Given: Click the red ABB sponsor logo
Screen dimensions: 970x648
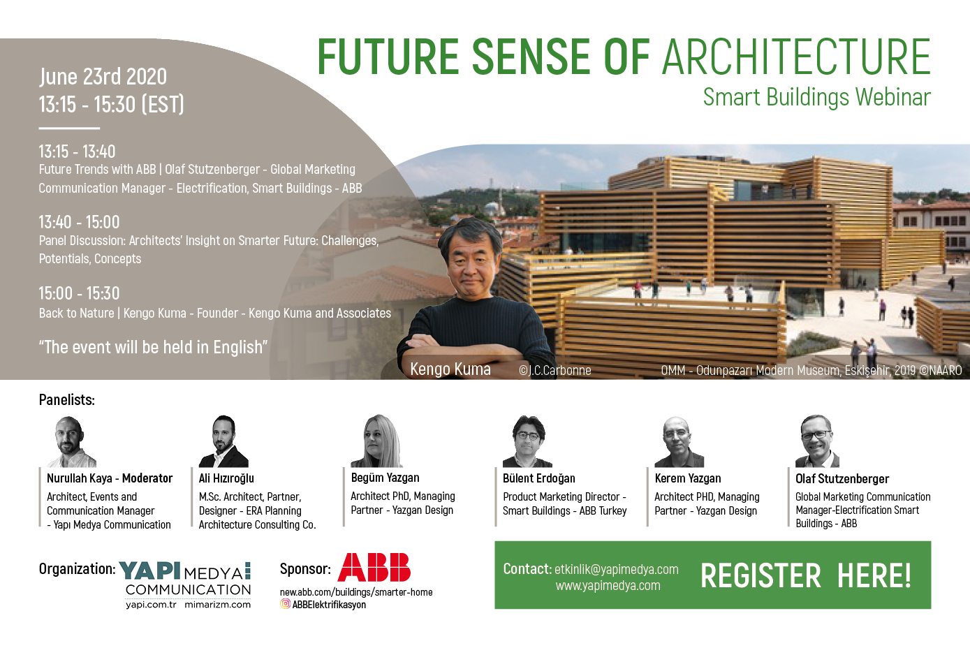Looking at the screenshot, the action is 374,567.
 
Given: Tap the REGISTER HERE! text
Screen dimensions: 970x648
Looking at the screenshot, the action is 806,575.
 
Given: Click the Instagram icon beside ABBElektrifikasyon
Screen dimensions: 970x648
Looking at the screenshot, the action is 285,604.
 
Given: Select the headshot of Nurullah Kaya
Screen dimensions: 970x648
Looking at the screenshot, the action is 71,441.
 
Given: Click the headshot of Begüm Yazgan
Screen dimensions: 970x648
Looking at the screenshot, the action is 376,441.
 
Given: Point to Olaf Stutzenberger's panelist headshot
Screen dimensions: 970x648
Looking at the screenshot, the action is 817,441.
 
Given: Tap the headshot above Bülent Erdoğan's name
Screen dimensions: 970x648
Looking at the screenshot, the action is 527,441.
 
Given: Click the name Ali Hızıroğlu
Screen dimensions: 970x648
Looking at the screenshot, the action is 226,478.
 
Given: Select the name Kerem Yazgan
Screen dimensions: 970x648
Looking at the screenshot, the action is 688,478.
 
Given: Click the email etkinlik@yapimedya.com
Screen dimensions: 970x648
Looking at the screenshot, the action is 616,569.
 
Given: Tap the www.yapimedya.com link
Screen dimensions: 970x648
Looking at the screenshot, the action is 608,586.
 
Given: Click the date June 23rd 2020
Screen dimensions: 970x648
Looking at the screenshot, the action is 103,77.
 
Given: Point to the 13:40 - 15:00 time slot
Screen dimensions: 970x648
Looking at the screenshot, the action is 79,222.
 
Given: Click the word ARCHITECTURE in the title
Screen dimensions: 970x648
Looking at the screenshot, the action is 796,57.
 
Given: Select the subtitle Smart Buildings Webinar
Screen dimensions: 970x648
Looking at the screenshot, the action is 816,97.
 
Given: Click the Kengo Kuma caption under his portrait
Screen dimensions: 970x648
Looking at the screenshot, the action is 450,369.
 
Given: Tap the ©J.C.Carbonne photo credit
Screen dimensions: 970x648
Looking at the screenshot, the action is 554,371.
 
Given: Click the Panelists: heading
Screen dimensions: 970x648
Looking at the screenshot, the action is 66,399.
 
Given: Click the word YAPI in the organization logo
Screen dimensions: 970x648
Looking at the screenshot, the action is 150,570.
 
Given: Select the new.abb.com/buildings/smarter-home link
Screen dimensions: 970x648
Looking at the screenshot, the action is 356,592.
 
